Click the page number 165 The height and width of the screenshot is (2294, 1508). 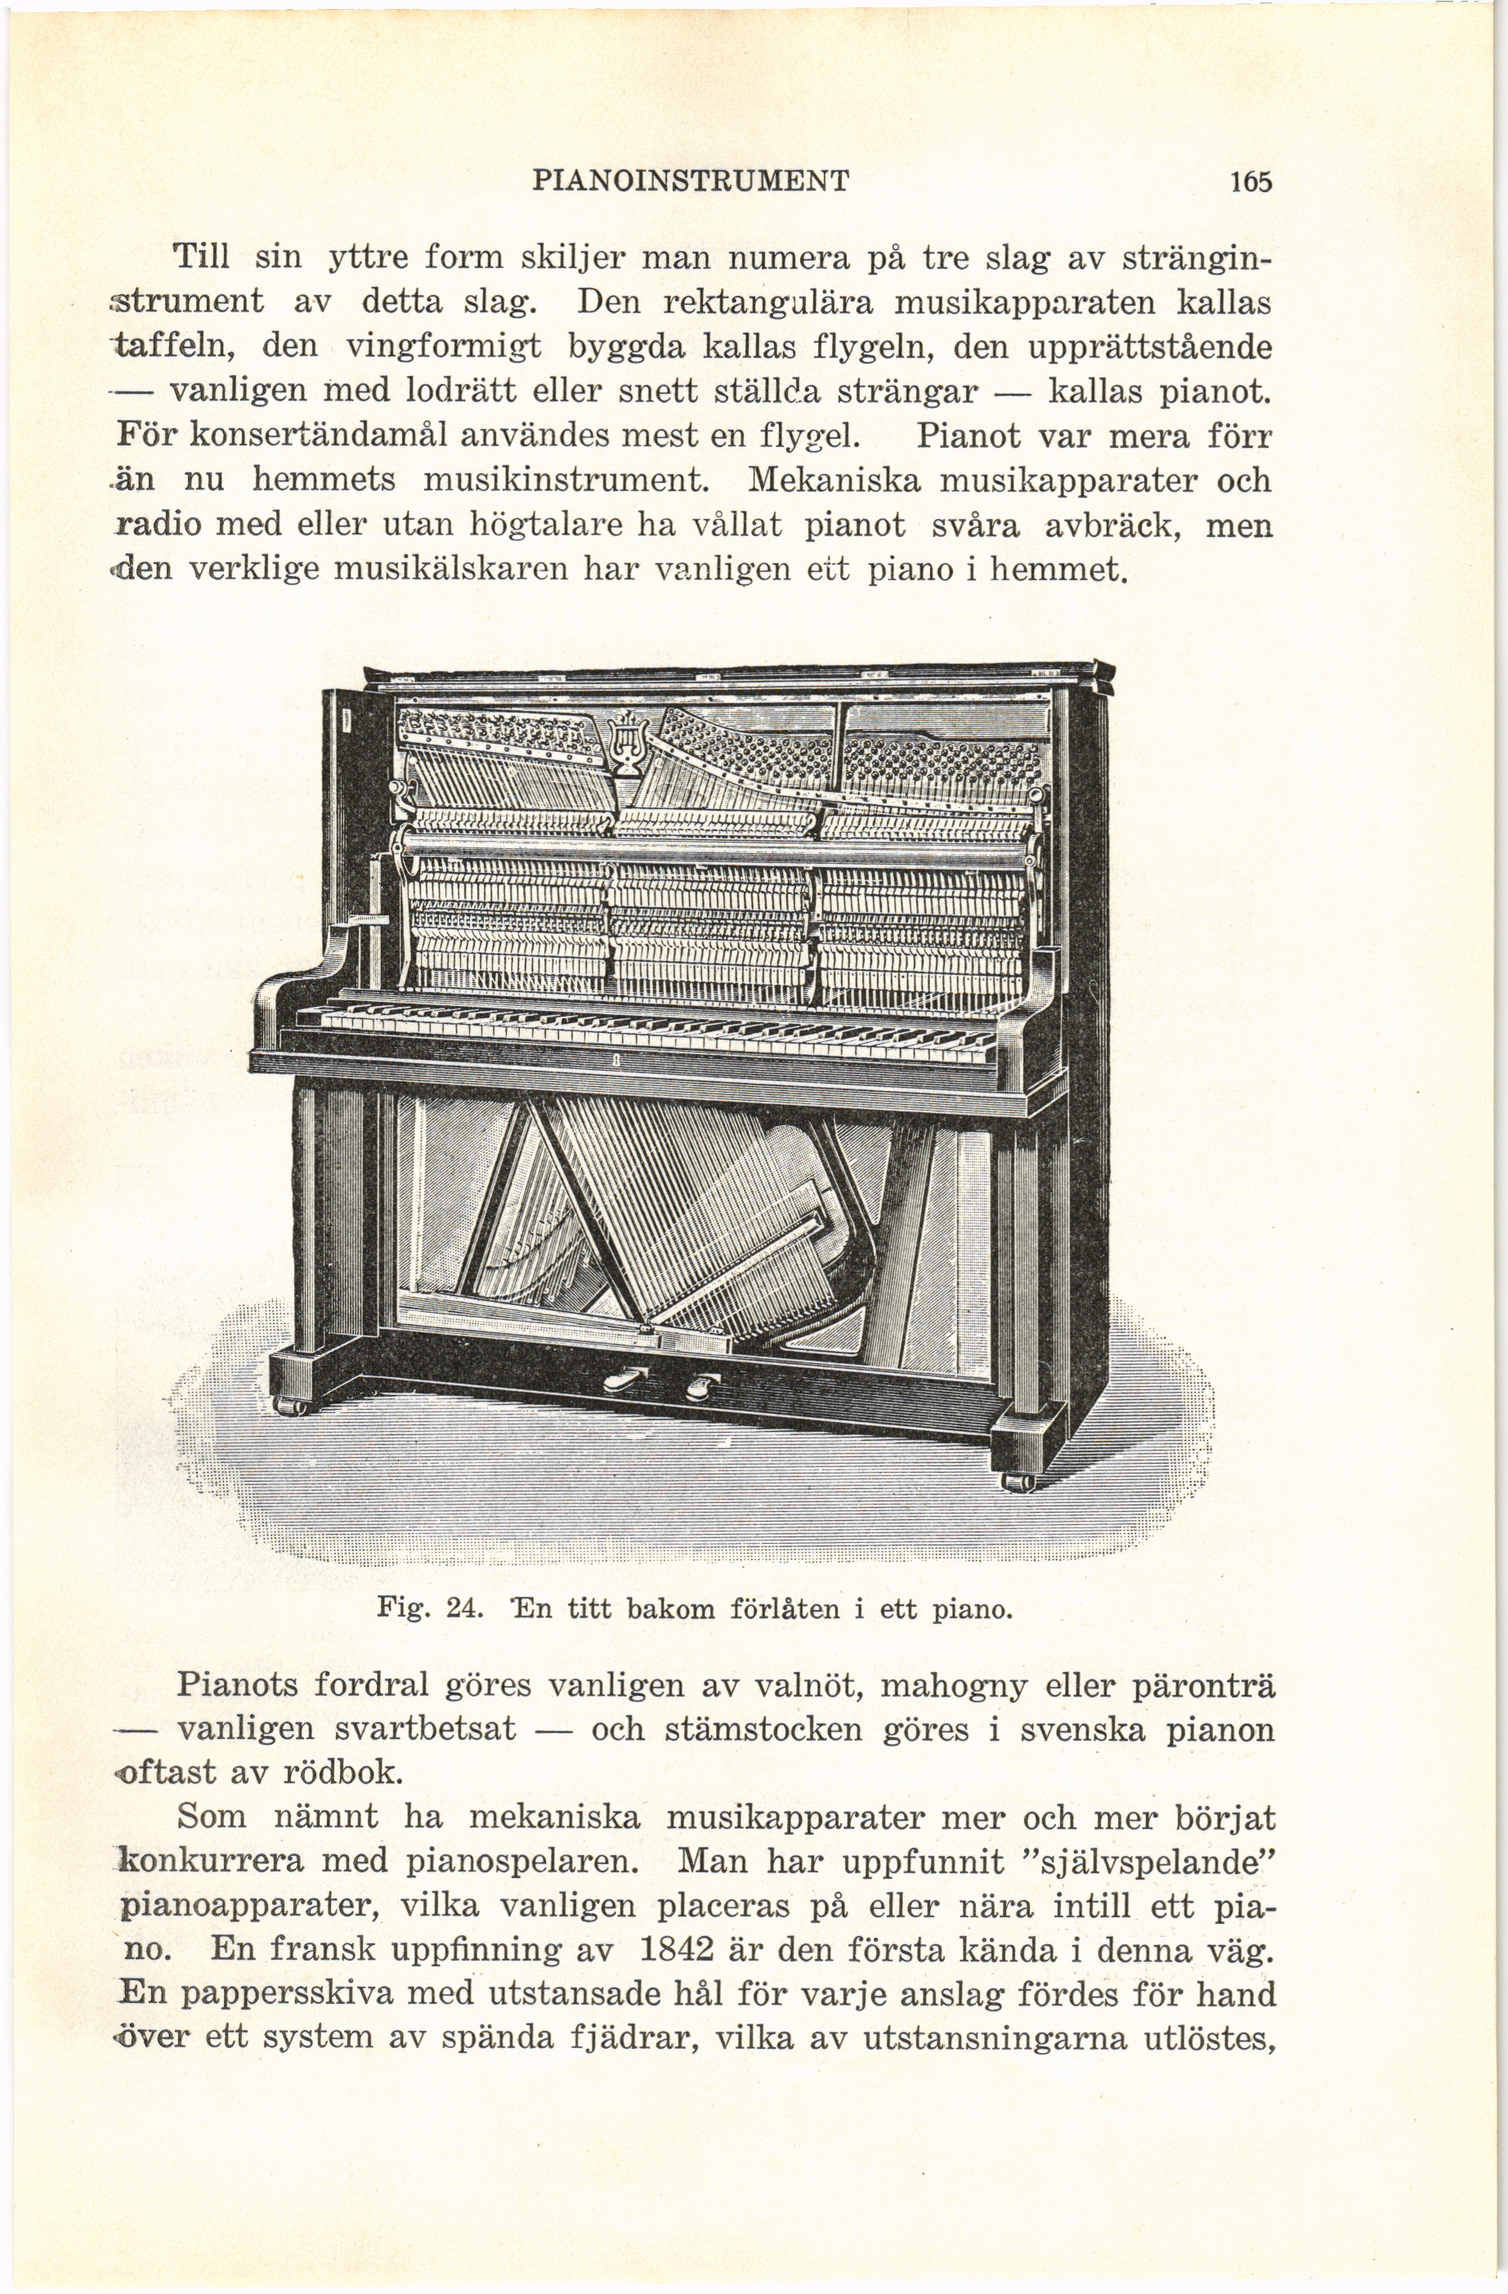point(1251,181)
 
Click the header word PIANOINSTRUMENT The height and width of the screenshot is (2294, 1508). point(691,181)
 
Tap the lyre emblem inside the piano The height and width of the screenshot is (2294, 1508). point(629,741)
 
